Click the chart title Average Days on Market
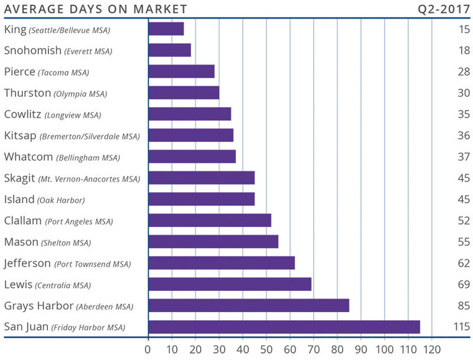click(x=95, y=9)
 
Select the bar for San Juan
click(x=284, y=326)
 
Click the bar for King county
click(x=166, y=29)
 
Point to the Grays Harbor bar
click(x=248, y=305)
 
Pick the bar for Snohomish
click(x=169, y=50)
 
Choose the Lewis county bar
click(x=230, y=284)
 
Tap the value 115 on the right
click(x=461, y=326)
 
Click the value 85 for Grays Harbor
click(x=462, y=305)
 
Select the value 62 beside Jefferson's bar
click(x=462, y=263)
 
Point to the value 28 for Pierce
click(x=462, y=72)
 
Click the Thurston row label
click(x=55, y=93)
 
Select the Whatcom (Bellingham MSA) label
click(x=62, y=157)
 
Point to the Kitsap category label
click(x=72, y=136)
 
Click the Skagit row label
click(x=72, y=178)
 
